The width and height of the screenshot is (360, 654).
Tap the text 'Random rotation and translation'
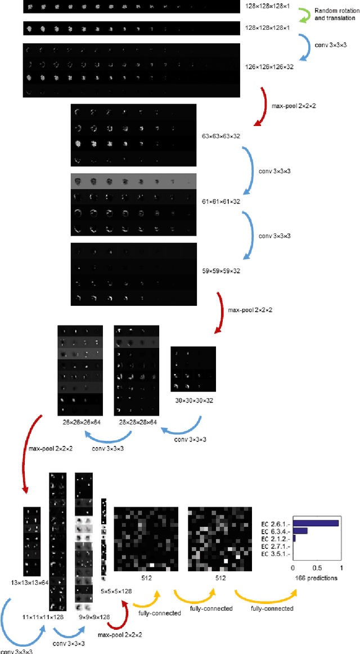[334, 15]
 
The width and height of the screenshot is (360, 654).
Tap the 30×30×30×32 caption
[193, 400]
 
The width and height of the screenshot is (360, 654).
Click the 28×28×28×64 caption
[137, 422]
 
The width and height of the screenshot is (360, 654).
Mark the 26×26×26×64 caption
[80, 422]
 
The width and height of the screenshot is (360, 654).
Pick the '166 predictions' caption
[316, 578]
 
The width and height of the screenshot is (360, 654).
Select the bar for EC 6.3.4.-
[300, 530]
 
